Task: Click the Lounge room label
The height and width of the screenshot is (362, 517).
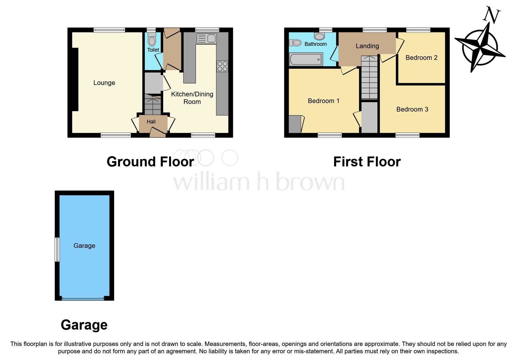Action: point(104,83)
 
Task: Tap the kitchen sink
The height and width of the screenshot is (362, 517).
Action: point(207,39)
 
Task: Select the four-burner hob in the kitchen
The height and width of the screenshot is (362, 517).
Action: point(222,66)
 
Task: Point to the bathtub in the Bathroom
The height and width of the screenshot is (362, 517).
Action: point(306,59)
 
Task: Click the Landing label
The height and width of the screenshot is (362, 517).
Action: point(367,46)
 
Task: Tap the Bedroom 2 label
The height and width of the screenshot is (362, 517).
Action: point(421,58)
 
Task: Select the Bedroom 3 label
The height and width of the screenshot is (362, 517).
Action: point(412,109)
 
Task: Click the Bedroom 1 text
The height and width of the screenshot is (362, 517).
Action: point(323,101)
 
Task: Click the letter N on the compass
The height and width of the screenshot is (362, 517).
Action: point(492,15)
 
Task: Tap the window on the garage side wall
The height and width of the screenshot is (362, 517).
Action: point(58,249)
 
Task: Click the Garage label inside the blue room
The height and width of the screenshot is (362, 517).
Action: point(84,246)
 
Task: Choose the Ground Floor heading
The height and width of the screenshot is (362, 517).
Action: point(150,162)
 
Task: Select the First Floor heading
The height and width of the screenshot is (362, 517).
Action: point(367,162)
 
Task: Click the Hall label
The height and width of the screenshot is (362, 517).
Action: point(151,122)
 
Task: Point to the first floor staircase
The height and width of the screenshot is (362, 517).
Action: point(370,77)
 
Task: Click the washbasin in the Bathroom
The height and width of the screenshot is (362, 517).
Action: point(320,36)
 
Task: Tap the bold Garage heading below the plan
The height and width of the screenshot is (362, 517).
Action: point(84,325)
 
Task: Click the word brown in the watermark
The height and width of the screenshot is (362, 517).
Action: point(310,182)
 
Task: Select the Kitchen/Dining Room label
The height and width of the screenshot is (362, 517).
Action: point(192,98)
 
